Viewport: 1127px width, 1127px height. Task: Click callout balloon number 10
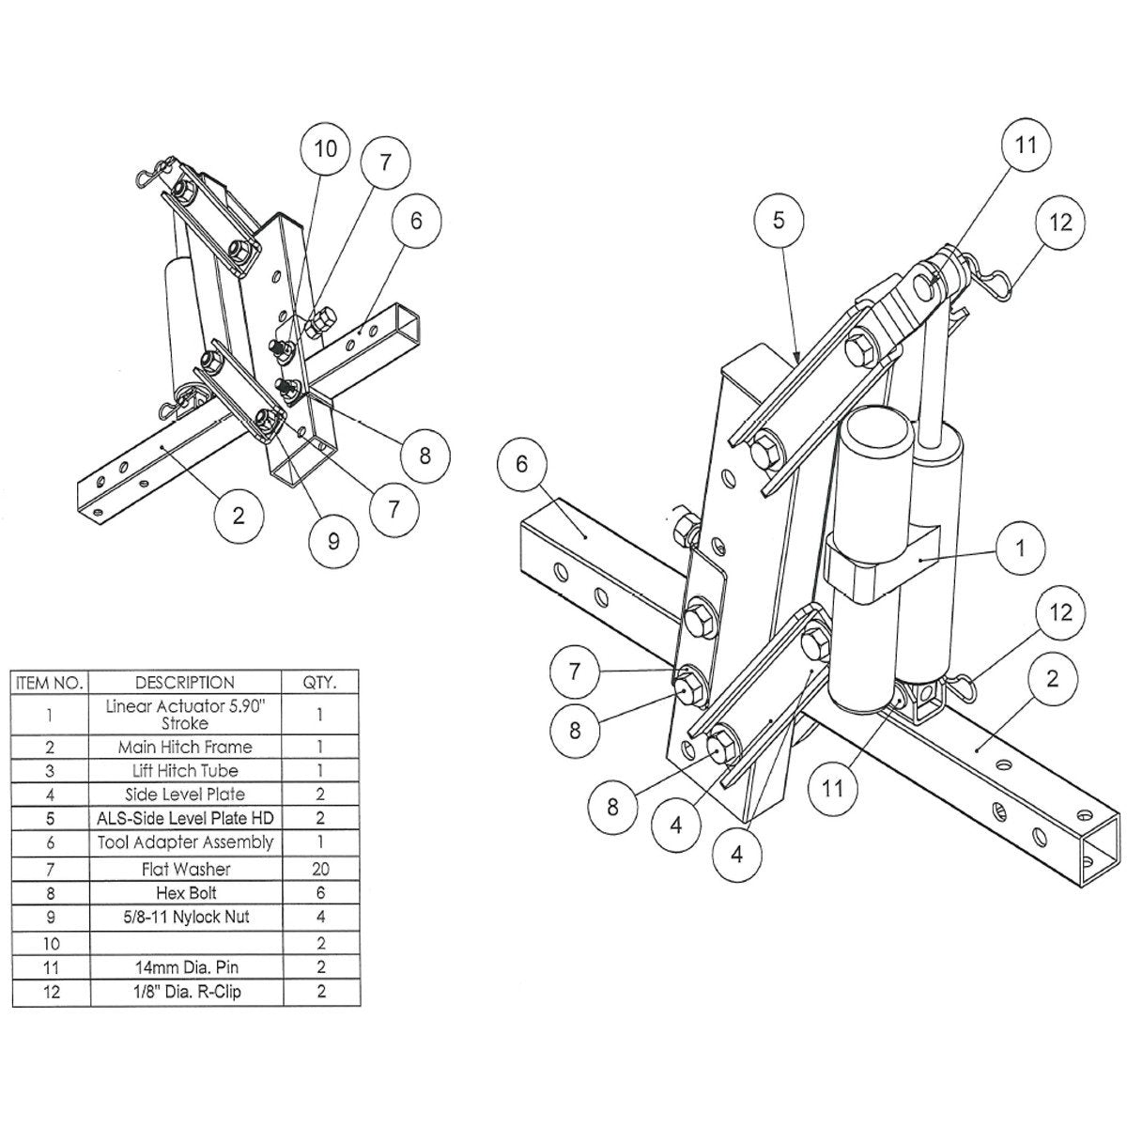click(x=325, y=149)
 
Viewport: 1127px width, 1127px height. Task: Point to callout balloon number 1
click(x=1021, y=547)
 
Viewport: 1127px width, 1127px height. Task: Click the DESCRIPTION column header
click(x=185, y=683)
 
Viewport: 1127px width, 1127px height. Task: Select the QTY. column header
click(x=320, y=683)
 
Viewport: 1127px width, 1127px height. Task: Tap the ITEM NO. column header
click(x=50, y=683)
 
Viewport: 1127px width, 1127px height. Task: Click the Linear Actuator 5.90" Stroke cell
click(x=185, y=715)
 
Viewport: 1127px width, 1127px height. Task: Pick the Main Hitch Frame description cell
click(x=185, y=748)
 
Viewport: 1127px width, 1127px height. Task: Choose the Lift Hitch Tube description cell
click(x=185, y=771)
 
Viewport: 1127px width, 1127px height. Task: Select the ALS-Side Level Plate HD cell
click(x=185, y=818)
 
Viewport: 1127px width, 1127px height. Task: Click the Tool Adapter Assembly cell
click(x=185, y=842)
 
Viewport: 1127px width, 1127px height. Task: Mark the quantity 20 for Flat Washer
click(x=320, y=870)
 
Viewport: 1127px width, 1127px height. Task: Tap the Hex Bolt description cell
click(x=185, y=893)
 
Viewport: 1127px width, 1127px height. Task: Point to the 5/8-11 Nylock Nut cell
click(x=185, y=917)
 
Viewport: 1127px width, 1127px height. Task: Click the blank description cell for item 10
click(x=185, y=941)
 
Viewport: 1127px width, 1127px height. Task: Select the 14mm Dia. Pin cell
click(x=185, y=966)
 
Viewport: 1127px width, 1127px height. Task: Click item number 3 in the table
click(x=50, y=771)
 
